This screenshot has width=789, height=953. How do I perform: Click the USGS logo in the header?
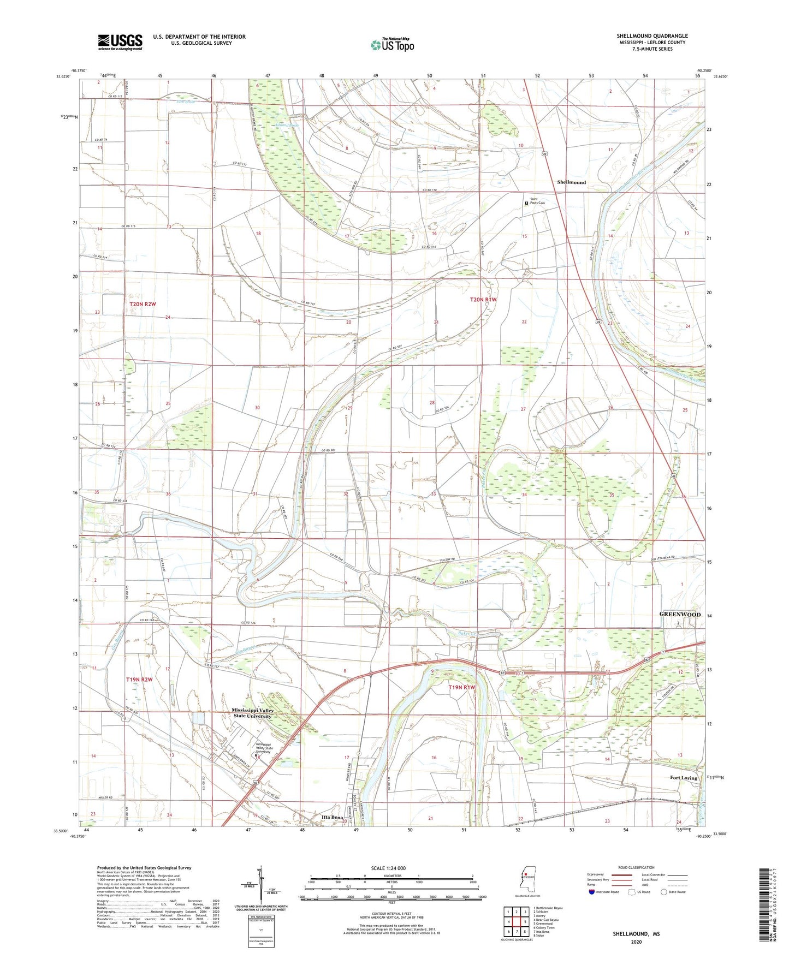click(120, 41)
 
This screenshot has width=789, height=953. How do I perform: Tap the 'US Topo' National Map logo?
click(391, 45)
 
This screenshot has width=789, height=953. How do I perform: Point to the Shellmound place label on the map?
click(571, 182)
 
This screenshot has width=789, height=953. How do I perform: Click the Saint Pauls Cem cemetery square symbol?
click(527, 203)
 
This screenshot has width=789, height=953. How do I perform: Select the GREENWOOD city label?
click(680, 615)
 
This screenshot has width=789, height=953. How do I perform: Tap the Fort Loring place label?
click(684, 778)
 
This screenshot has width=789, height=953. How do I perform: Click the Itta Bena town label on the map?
click(332, 817)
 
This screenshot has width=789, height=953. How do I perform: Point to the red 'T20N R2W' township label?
click(143, 303)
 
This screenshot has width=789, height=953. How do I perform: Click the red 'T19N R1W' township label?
click(462, 687)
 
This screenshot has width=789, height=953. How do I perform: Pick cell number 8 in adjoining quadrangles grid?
click(524, 932)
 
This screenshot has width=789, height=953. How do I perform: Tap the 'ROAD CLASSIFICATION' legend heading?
click(636, 867)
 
